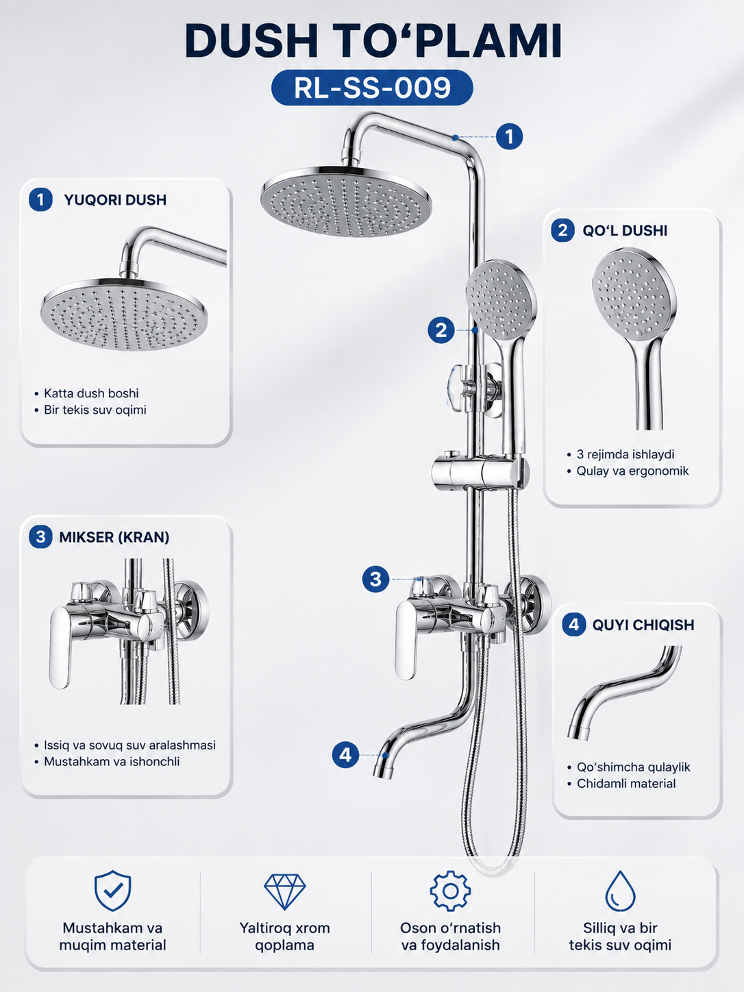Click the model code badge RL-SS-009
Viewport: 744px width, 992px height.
point(372,88)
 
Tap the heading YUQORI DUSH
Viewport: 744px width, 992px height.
point(115,200)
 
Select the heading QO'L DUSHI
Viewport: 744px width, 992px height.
point(625,230)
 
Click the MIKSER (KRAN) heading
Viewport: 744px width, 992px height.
point(114,537)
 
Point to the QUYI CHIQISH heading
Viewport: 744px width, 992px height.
point(643,625)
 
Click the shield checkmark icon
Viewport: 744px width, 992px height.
point(112,891)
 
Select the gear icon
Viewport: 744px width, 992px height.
point(450,891)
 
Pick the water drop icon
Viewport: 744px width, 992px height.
point(620,891)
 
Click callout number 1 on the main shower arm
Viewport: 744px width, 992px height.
point(509,136)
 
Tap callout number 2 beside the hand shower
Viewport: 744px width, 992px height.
point(441,330)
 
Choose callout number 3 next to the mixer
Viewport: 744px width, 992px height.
point(375,579)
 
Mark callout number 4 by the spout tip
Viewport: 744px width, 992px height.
point(345,755)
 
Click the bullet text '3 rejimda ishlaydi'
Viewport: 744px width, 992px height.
point(625,454)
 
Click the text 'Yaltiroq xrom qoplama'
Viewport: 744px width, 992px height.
point(284,937)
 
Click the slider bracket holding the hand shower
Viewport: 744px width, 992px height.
point(480,471)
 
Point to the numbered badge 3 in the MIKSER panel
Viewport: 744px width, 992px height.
point(40,537)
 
